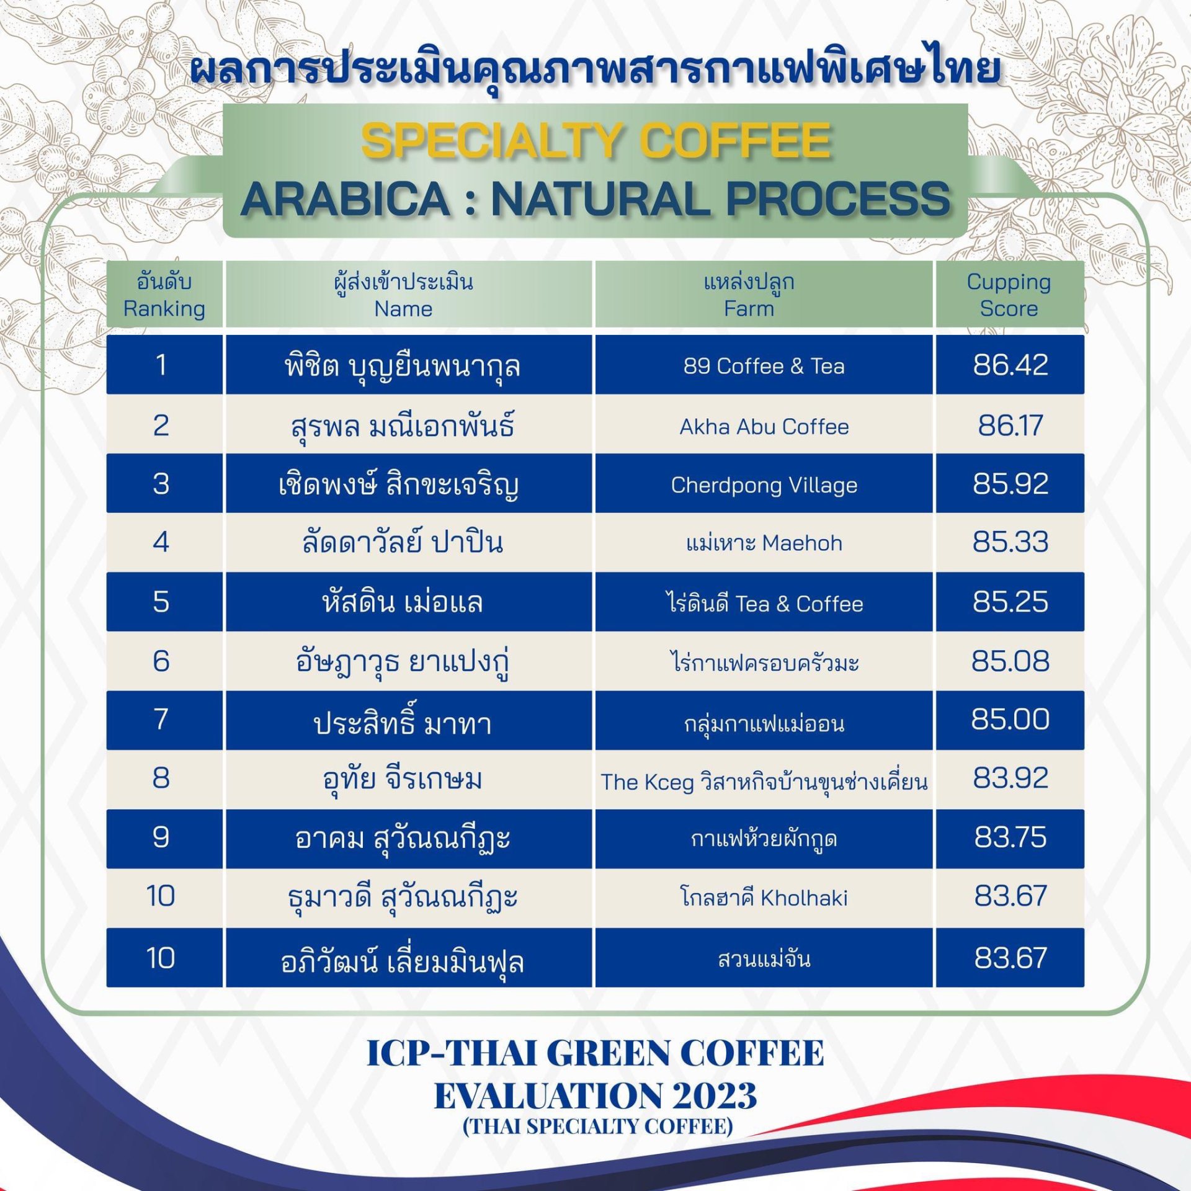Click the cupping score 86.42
point(1010,365)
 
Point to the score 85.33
point(1010,542)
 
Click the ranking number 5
point(161,602)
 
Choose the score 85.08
point(1010,661)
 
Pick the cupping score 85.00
point(1010,720)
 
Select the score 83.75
point(1010,837)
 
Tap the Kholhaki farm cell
point(764,897)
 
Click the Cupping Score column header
point(1009,295)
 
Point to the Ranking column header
point(164,295)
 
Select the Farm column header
point(749,295)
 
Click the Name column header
point(403,295)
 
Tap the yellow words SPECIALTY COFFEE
point(595,140)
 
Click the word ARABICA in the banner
point(346,199)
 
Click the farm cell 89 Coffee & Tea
point(764,366)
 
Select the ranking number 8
point(161,778)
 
